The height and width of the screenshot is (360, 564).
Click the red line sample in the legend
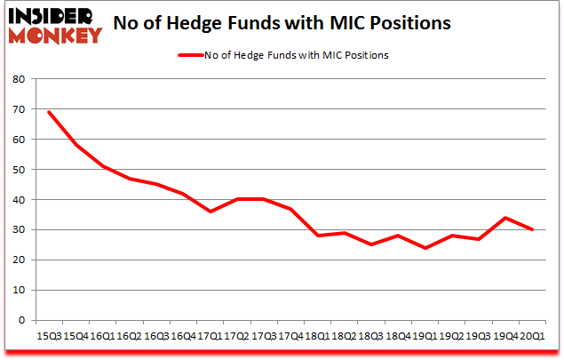pyautogui.click(x=193, y=55)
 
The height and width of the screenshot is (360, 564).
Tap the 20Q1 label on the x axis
pyautogui.click(x=534, y=335)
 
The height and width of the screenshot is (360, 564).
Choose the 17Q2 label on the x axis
pyautogui.click(x=236, y=335)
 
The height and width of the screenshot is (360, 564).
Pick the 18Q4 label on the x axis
pyautogui.click(x=399, y=335)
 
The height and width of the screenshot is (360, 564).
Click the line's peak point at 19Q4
pyautogui.click(x=506, y=218)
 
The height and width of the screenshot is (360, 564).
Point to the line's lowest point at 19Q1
pyautogui.click(x=425, y=248)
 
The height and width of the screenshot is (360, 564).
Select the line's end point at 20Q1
pyautogui.click(x=534, y=229)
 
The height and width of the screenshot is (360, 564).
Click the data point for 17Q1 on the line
pyautogui.click(x=210, y=212)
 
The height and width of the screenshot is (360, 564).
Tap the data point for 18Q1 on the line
pyautogui.click(x=318, y=236)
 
